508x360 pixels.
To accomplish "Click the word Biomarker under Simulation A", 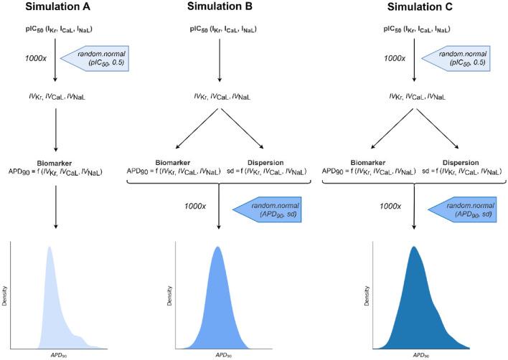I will tap(56, 162).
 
